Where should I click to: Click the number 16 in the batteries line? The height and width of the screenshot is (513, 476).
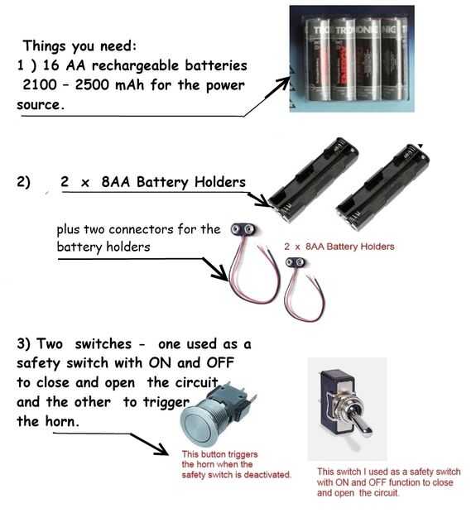click(x=50, y=65)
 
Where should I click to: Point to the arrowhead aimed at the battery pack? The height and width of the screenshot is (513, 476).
click(x=282, y=83)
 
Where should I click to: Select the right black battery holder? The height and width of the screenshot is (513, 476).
click(x=382, y=187)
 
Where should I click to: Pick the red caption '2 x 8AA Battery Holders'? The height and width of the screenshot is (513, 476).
click(x=339, y=247)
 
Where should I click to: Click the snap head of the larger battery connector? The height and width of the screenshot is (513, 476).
click(x=243, y=230)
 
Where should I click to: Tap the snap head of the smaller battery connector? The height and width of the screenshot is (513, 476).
click(x=295, y=262)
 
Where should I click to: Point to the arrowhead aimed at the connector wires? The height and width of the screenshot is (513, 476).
click(x=220, y=274)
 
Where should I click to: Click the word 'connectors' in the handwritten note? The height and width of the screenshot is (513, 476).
click(x=141, y=229)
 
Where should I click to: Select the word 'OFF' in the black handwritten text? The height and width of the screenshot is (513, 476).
click(x=219, y=363)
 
